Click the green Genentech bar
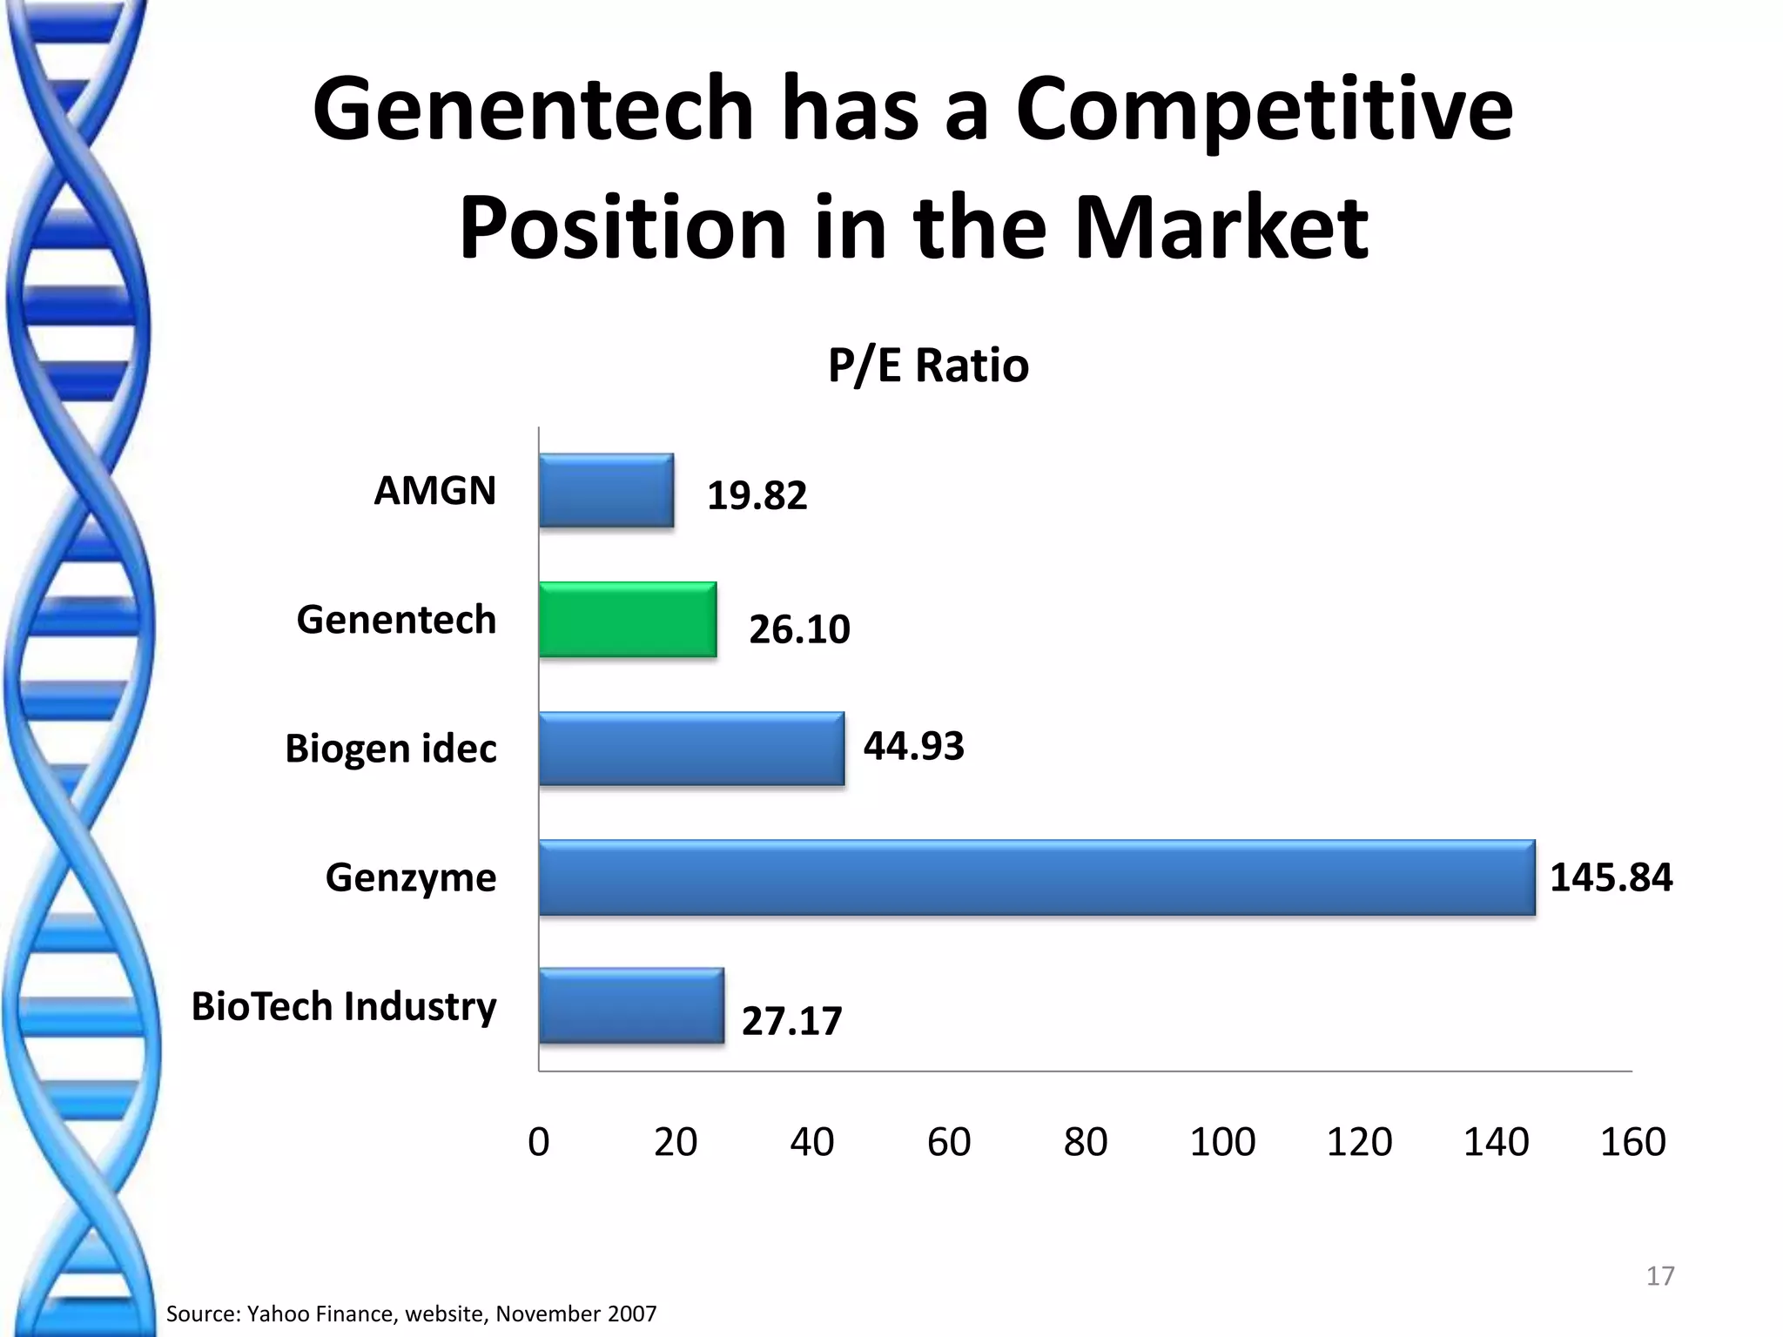[x=627, y=620]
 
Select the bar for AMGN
[x=606, y=491]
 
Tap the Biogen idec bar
[x=691, y=749]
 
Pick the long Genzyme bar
[x=1036, y=877]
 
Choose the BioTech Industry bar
[x=631, y=1006]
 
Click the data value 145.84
[x=1611, y=877]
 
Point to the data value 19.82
[x=757, y=496]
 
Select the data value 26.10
[x=799, y=629]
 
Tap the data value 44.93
[x=913, y=747]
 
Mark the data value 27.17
[x=791, y=1021]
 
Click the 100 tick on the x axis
[x=1222, y=1142]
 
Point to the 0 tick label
[x=539, y=1142]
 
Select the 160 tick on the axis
[x=1632, y=1142]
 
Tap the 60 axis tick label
[x=949, y=1142]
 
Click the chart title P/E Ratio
[x=928, y=366]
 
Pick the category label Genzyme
[x=410, y=877]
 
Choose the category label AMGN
[x=434, y=491]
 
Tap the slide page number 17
[x=1659, y=1276]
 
